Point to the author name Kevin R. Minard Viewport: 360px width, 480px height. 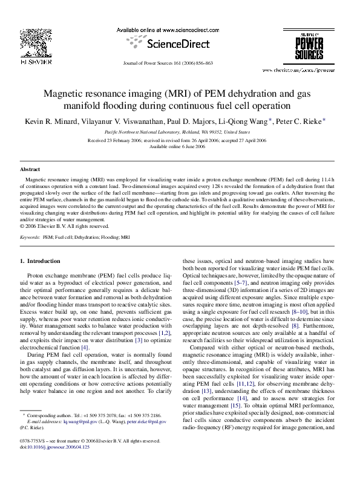[x=50, y=121]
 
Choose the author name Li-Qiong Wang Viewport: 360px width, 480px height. [x=244, y=121]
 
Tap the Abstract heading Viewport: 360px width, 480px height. [x=30, y=170]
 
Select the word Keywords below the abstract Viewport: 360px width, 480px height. [x=30, y=238]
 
